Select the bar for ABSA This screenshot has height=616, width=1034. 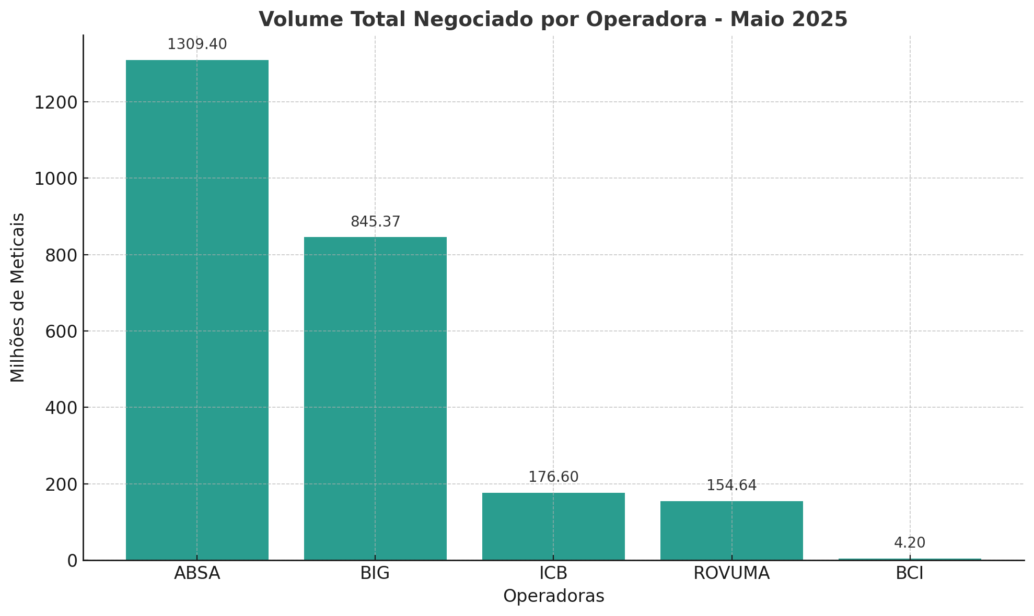pyautogui.click(x=197, y=310)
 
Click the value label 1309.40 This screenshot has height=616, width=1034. pyautogui.click(x=197, y=45)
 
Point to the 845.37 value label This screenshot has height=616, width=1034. pyautogui.click(x=375, y=222)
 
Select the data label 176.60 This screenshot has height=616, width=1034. pyautogui.click(x=553, y=477)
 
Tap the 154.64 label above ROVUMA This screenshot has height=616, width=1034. pyautogui.click(x=731, y=486)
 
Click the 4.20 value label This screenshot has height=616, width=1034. pyautogui.click(x=910, y=543)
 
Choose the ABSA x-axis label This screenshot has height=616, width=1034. pyautogui.click(x=197, y=574)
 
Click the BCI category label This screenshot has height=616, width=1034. pyautogui.click(x=910, y=574)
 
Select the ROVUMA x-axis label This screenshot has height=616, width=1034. pyautogui.click(x=731, y=574)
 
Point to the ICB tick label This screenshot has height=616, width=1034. pyautogui.click(x=553, y=574)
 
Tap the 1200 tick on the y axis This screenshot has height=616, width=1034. pyautogui.click(x=56, y=102)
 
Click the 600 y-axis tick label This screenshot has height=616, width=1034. pyautogui.click(x=61, y=331)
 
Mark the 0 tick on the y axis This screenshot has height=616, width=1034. pyautogui.click(x=72, y=561)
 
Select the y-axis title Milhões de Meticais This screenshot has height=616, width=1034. pyautogui.click(x=18, y=298)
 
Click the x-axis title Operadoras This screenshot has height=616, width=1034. pyautogui.click(x=553, y=597)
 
